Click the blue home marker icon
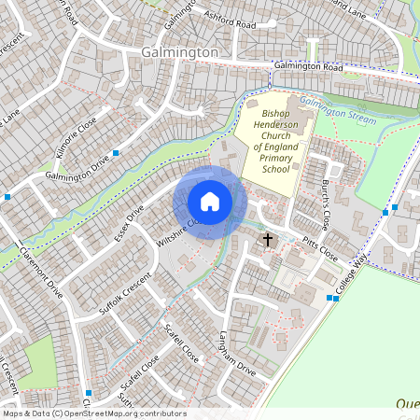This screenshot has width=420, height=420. [210, 202]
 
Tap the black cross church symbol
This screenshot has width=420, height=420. [268, 241]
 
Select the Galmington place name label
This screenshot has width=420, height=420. [179, 53]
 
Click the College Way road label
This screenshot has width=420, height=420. [356, 277]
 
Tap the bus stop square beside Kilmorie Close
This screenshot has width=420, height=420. [116, 152]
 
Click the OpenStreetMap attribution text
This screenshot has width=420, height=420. [93, 413]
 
